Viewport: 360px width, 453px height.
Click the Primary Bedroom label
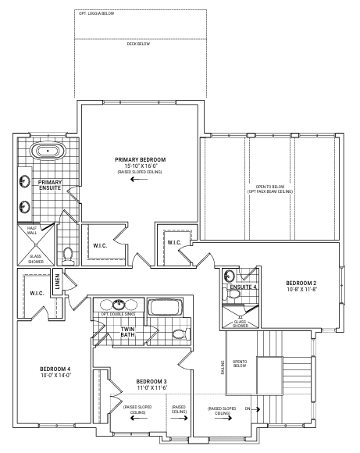pos(140,159)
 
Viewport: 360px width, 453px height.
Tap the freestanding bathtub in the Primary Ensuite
pos(48,151)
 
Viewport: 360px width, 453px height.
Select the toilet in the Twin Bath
pos(181,334)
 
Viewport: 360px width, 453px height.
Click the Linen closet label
pos(57,281)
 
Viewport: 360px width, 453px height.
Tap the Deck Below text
pos(138,44)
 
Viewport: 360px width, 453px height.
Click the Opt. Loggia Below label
pos(97,13)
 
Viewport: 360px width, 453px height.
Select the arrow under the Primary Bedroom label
pos(139,179)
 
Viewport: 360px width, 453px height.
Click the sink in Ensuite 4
pos(229,276)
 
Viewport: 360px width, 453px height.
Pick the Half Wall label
pos(32,230)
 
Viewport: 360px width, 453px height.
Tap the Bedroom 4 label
pos(55,369)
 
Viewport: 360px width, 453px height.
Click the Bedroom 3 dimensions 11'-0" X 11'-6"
pos(152,387)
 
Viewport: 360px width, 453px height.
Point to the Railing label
pos(223,367)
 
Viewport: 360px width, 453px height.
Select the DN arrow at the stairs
pos(258,409)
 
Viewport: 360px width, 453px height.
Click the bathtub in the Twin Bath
pos(165,308)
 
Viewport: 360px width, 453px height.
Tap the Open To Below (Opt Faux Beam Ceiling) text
pos(270,189)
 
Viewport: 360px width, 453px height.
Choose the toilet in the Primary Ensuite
pos(69,255)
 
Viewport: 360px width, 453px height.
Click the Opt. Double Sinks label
pos(118,314)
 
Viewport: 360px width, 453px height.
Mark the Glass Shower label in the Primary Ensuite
pos(36,259)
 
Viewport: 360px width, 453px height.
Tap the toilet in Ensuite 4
pos(232,294)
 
